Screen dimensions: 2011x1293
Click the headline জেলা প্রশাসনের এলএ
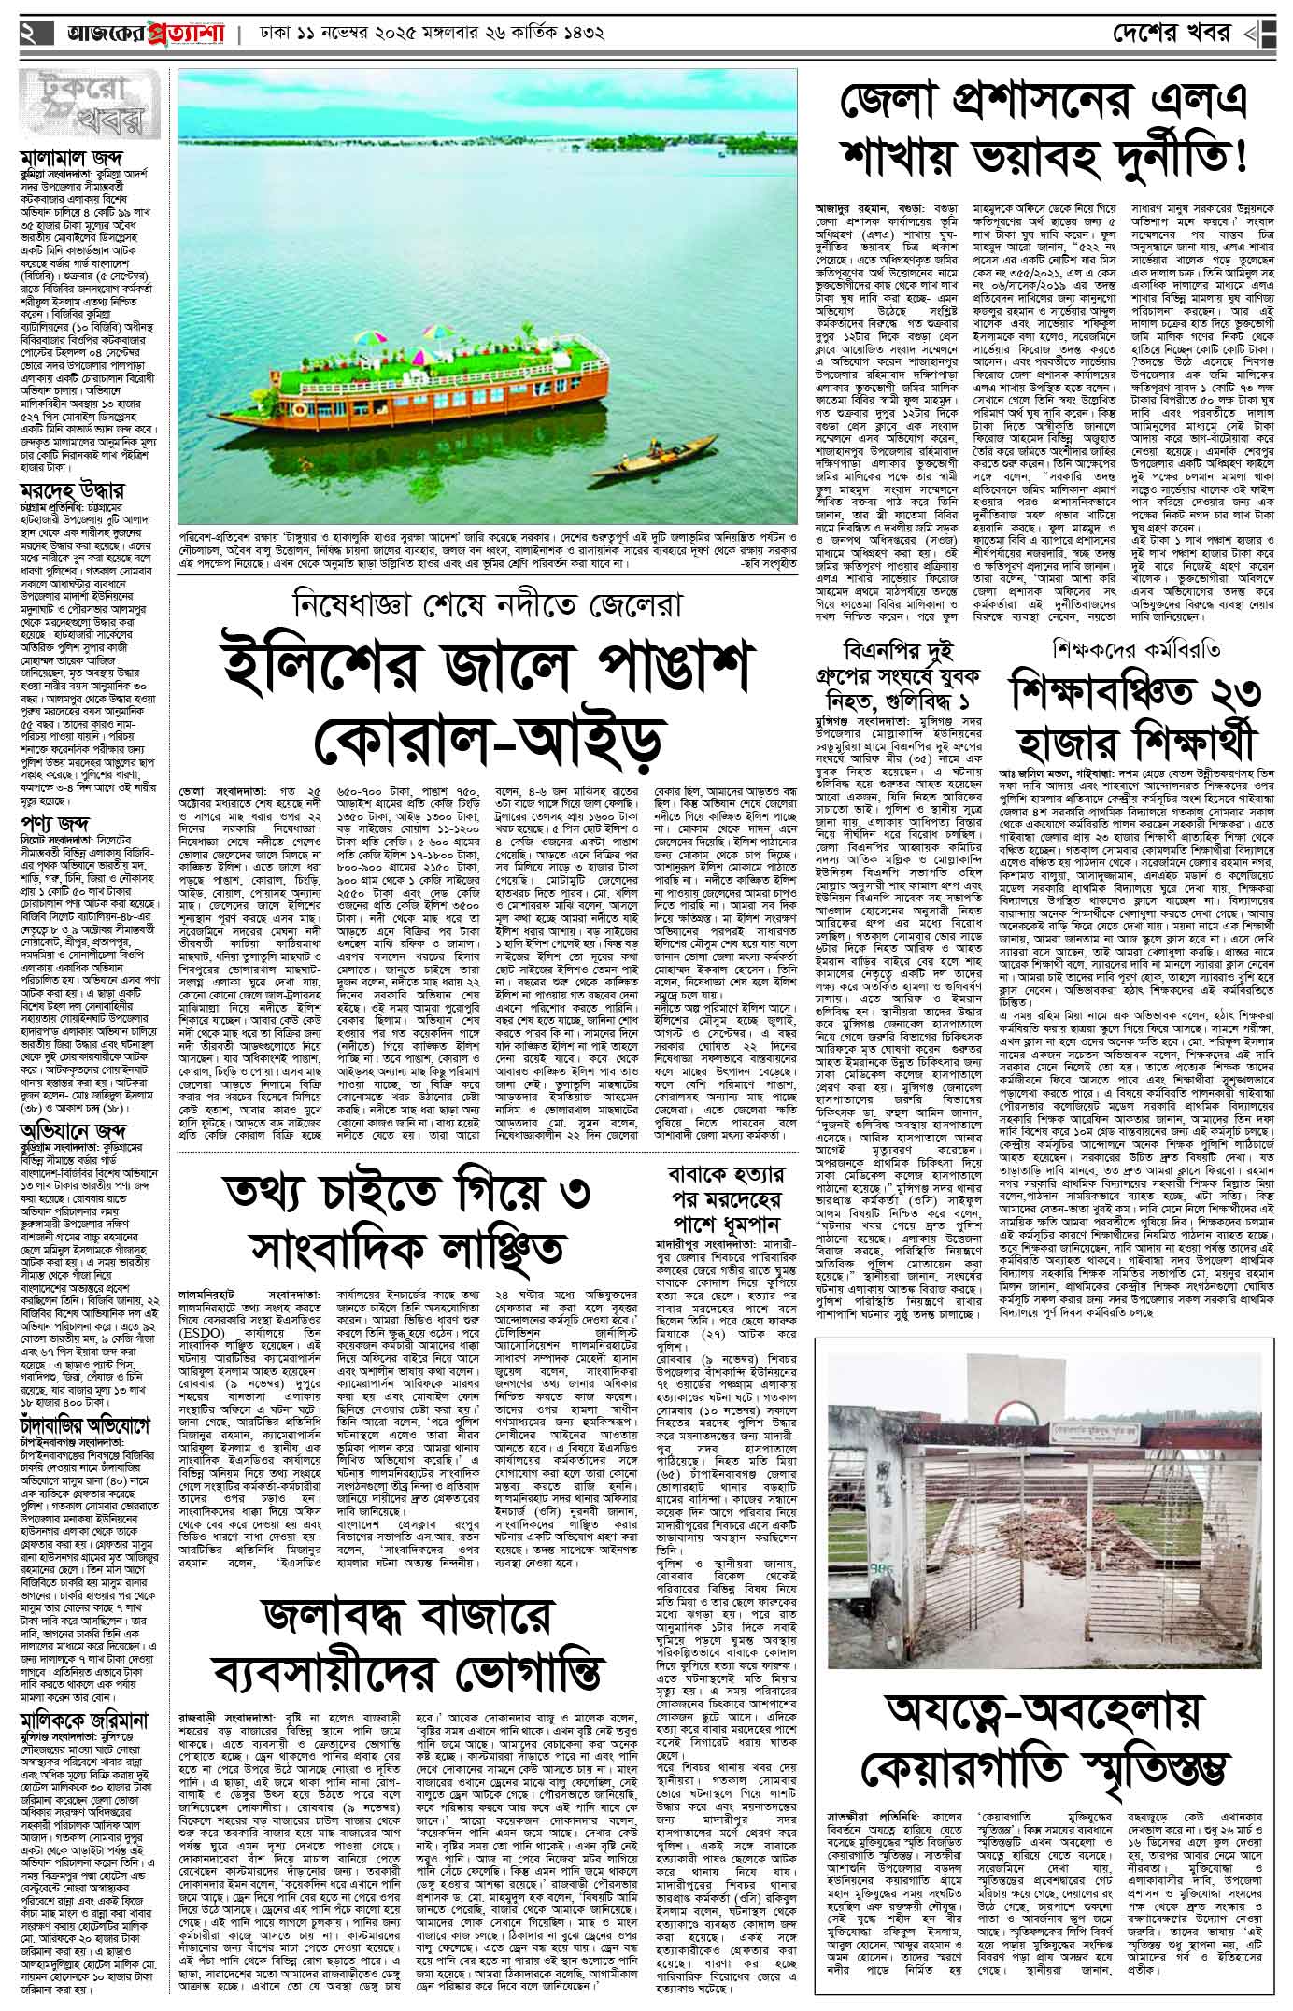pos(1044,100)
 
